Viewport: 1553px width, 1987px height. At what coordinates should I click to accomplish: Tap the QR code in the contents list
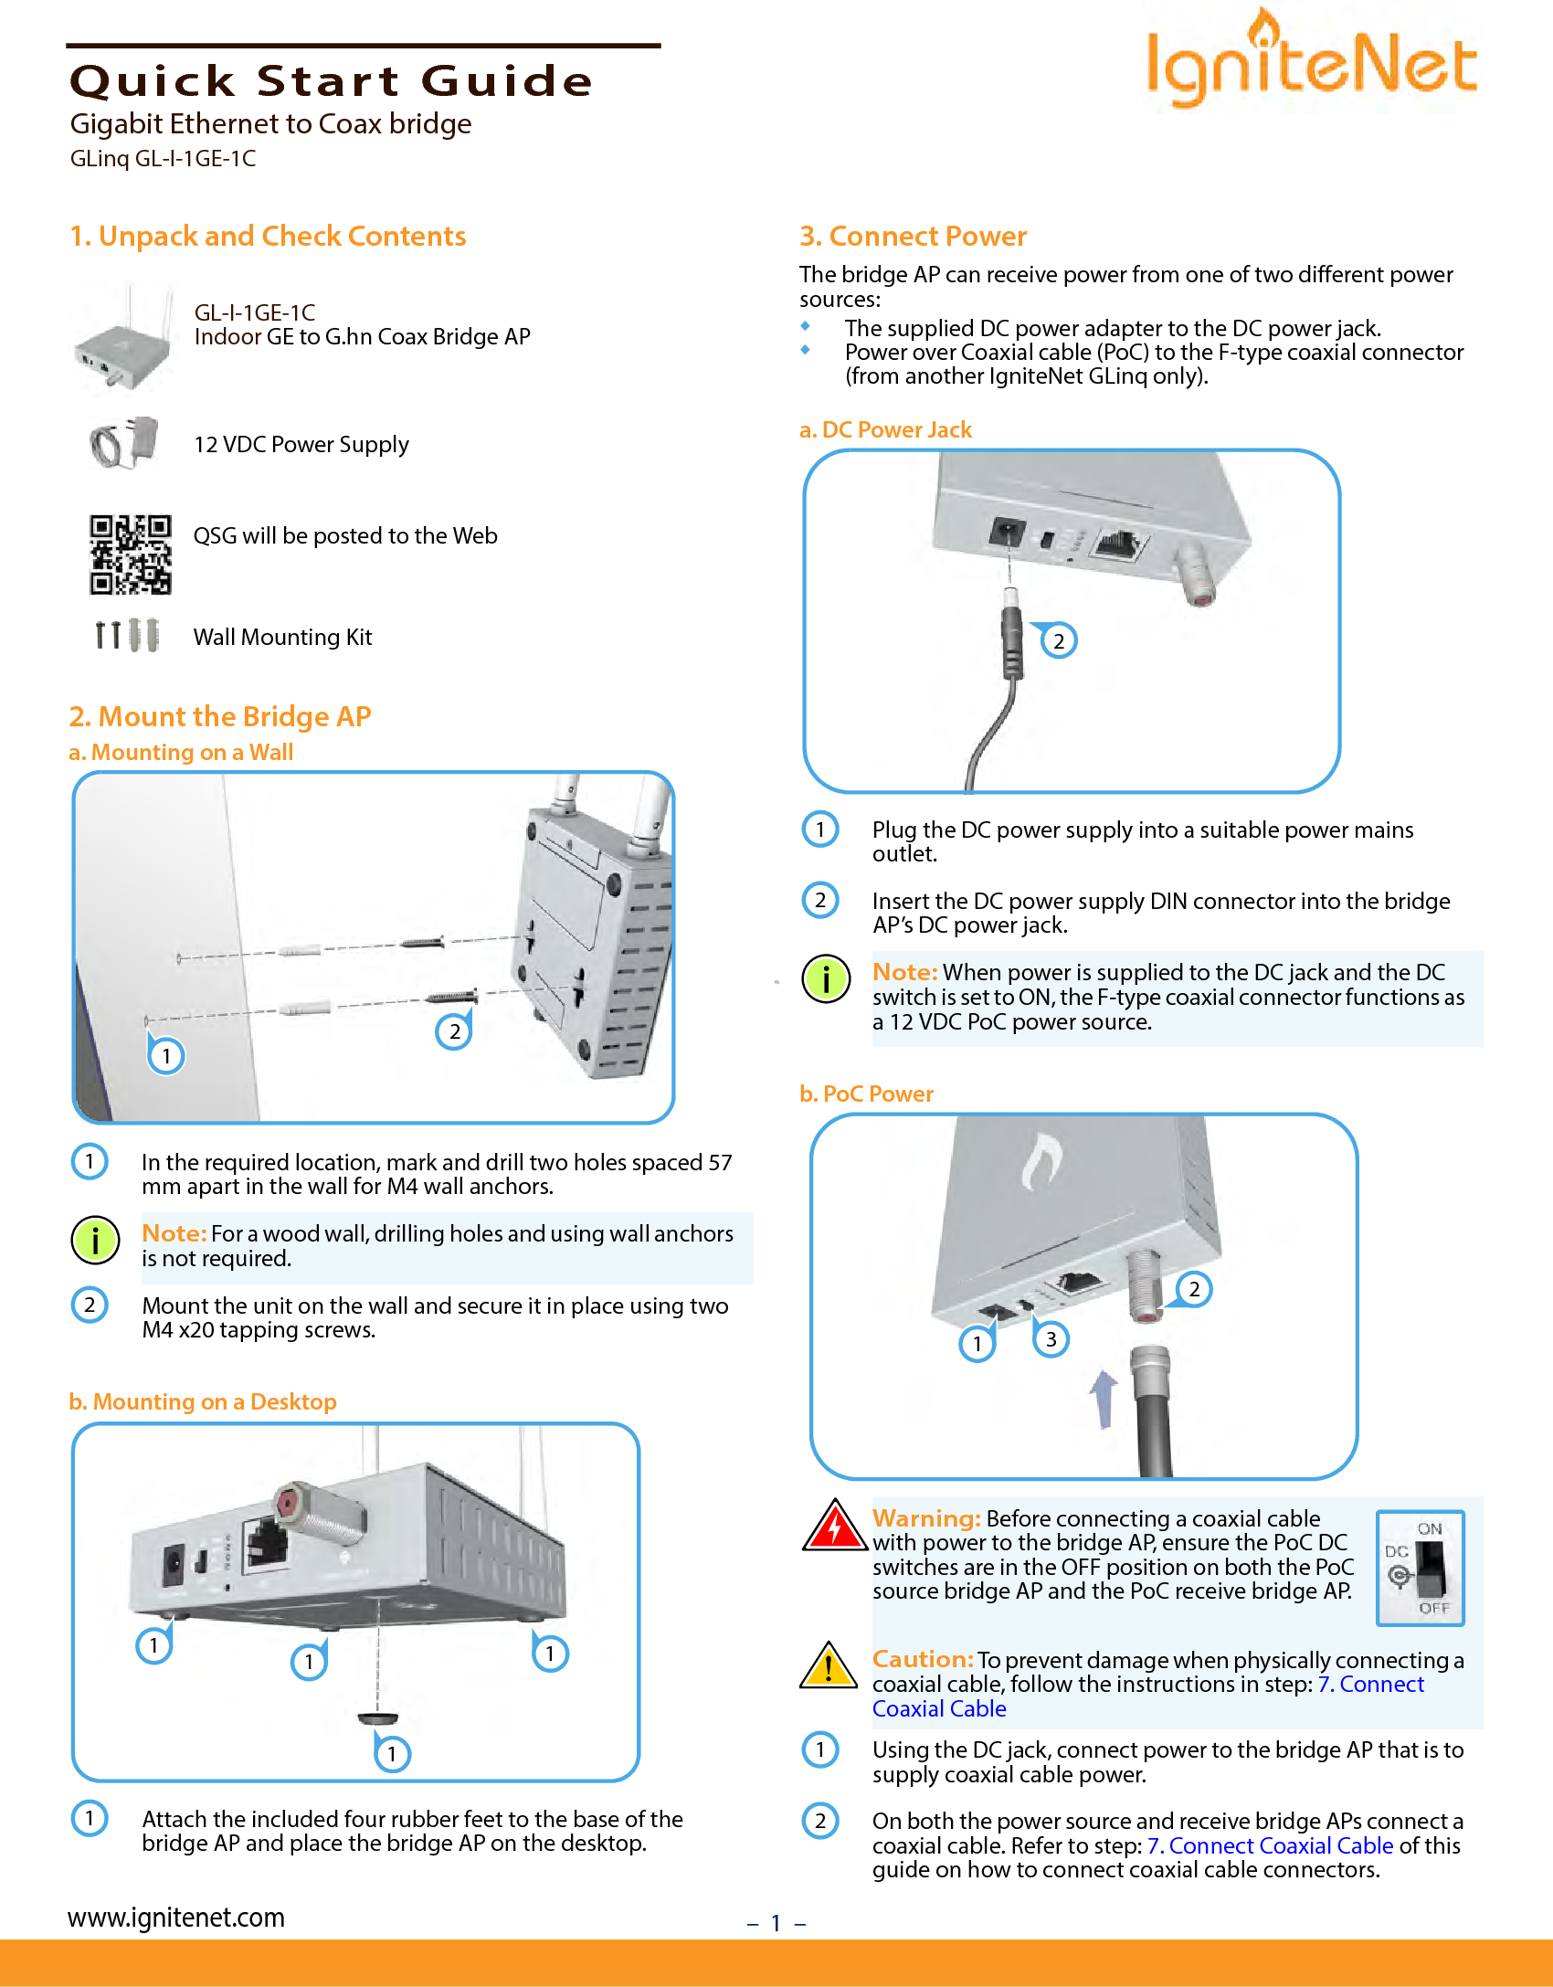(x=130, y=554)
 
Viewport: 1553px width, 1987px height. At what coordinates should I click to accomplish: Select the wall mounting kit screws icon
(x=127, y=634)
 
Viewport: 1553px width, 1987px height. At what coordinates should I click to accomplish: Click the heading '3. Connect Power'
(x=913, y=236)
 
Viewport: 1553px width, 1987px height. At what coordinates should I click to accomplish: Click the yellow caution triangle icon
(x=828, y=1666)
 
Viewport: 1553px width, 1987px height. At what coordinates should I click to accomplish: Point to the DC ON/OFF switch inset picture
(x=1420, y=1568)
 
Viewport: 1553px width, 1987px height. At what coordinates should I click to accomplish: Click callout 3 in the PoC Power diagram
(x=1051, y=1339)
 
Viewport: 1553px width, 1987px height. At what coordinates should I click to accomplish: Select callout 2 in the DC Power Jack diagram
(x=1059, y=640)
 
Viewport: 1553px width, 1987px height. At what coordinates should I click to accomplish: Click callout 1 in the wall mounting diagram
(x=166, y=1056)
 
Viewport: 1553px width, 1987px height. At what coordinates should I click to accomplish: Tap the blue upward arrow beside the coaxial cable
(x=1104, y=1398)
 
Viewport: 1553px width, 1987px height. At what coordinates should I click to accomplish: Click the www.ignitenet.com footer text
(x=176, y=1917)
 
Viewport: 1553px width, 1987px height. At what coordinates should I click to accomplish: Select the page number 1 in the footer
(x=776, y=1923)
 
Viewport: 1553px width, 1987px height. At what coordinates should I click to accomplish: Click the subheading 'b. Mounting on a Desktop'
(x=203, y=1401)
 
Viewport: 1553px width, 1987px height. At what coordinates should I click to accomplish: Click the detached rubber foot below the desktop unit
(x=377, y=1719)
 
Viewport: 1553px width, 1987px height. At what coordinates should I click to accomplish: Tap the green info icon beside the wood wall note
(x=95, y=1240)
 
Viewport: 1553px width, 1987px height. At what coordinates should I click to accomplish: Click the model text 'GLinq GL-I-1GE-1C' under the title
(x=163, y=158)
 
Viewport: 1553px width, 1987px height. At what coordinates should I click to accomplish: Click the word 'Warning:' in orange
(x=925, y=1518)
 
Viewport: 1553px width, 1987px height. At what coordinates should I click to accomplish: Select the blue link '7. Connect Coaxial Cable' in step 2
(x=1270, y=1845)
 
